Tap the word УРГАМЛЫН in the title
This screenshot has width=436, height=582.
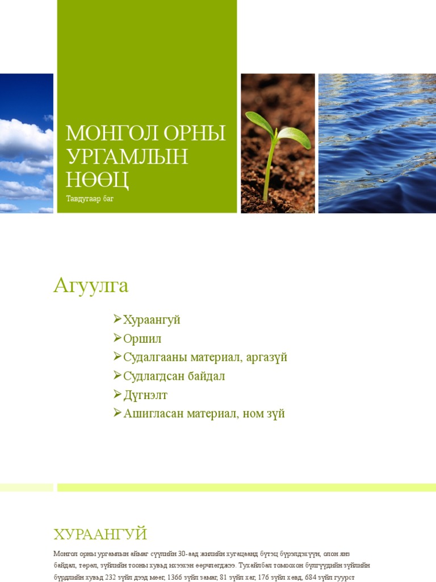(x=127, y=156)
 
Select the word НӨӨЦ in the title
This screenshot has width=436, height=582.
(x=98, y=180)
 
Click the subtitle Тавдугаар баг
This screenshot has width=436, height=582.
(x=90, y=199)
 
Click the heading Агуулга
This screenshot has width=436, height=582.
(x=91, y=285)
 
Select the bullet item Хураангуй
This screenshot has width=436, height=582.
(x=152, y=320)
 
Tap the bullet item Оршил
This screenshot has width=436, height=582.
(x=142, y=339)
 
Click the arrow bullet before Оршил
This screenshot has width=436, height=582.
(x=118, y=339)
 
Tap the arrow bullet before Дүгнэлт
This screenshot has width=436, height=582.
(x=118, y=395)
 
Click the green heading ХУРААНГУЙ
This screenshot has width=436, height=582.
(x=100, y=535)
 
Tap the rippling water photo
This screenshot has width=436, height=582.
(x=377, y=143)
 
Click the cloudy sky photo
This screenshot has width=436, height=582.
(x=26, y=143)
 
